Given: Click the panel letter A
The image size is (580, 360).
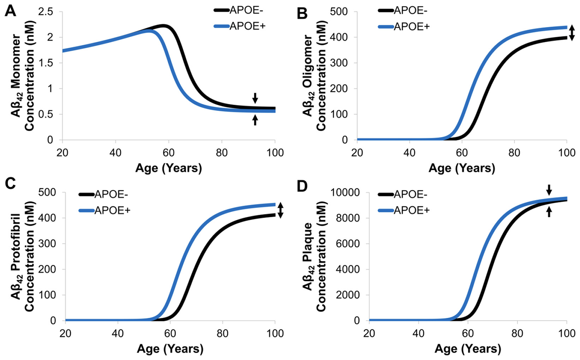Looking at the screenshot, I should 10,11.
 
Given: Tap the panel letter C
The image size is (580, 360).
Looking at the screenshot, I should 10,183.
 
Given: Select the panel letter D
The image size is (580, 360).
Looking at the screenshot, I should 302,186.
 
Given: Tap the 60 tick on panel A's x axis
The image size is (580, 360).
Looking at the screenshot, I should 169,153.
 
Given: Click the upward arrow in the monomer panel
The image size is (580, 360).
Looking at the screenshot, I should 255,120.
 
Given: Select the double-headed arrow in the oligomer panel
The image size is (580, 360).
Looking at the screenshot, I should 572,33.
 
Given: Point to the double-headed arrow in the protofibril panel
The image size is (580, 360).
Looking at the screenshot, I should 280,210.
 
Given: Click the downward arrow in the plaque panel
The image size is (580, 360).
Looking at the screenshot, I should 549,189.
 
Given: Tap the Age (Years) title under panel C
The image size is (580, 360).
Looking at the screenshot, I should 170,349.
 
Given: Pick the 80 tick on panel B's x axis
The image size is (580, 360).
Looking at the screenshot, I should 514,153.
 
